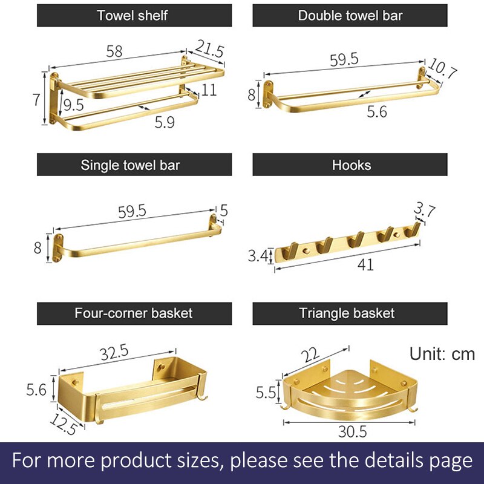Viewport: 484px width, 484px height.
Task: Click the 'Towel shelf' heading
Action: pos(132,16)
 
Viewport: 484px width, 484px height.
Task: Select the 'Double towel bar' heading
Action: pos(350,16)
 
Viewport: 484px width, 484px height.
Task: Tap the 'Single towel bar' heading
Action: pos(130,165)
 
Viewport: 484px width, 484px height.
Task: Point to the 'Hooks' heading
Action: pos(352,165)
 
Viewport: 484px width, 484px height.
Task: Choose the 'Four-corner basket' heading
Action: pos(133,313)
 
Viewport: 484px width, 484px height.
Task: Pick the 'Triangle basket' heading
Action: pos(347,313)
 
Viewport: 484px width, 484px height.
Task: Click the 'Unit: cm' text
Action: pos(442,354)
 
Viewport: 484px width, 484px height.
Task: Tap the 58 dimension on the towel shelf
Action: pos(114,51)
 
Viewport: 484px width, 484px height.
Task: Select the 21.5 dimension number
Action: pos(209,48)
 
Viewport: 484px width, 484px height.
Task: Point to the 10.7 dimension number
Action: pos(442,68)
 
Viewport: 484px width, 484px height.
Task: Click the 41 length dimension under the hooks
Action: pos(366,265)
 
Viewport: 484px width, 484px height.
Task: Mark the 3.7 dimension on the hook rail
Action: pos(425,209)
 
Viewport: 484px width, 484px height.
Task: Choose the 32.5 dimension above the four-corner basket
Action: pos(114,353)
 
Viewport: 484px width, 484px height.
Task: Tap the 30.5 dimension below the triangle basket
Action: pos(353,431)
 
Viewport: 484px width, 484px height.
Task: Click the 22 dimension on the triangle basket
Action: pos(310,355)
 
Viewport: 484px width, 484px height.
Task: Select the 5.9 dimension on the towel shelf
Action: pos(165,123)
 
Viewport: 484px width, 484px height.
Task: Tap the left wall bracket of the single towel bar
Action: pos(57,248)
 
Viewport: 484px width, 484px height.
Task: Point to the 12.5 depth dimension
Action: pos(64,424)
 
